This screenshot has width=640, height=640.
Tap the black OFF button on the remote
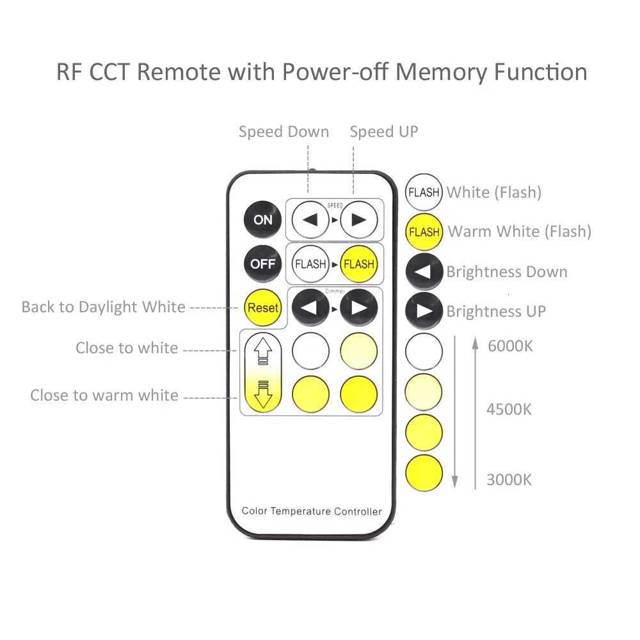[x=262, y=264]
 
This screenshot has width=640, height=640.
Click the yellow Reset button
[x=263, y=308]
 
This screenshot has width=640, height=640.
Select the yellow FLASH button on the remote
[x=358, y=264]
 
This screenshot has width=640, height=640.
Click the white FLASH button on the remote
[x=310, y=264]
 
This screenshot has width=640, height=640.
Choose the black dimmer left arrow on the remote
[x=310, y=308]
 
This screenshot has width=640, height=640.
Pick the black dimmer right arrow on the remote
[x=358, y=308]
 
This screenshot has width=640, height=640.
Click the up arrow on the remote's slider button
[x=263, y=351]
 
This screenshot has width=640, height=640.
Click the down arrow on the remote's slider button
[x=263, y=394]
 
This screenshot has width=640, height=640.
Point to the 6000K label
[x=510, y=346]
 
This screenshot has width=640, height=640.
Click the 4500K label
[x=509, y=409]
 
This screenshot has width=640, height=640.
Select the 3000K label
[x=509, y=479]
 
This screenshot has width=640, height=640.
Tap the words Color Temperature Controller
[x=312, y=511]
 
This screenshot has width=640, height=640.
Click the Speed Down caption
[x=284, y=132]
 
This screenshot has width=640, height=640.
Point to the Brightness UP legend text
[x=496, y=312]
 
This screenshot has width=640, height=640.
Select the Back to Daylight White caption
[x=103, y=307]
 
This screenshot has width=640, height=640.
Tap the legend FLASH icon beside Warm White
[x=424, y=232]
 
